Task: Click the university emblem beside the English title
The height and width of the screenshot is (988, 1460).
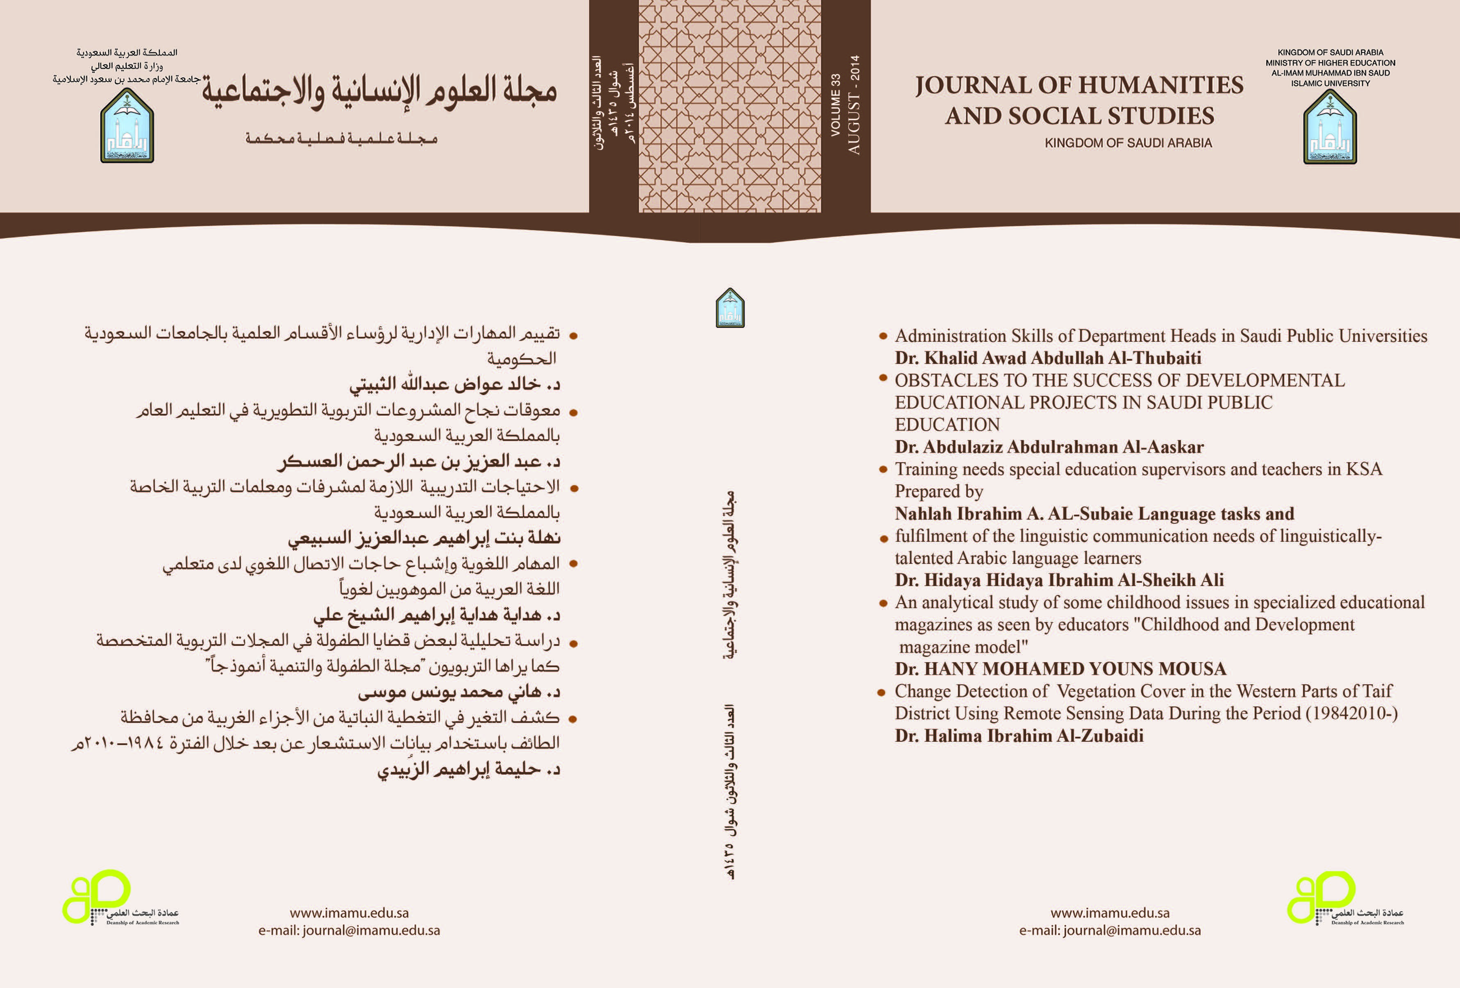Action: [x=1330, y=127]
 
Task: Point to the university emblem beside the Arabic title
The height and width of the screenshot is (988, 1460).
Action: [x=127, y=126]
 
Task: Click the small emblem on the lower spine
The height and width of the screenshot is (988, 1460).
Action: [x=730, y=308]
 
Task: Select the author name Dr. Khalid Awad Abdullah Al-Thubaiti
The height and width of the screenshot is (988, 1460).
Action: [x=1047, y=358]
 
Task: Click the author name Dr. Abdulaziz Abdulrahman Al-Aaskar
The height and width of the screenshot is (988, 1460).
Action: [x=1049, y=447]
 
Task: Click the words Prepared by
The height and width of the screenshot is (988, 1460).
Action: [x=938, y=491]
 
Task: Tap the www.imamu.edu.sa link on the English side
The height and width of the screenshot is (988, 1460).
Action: [x=1110, y=913]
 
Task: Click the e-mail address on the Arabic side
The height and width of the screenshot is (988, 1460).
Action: [x=349, y=930]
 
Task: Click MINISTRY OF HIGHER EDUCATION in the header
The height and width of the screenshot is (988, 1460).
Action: [x=1330, y=63]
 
